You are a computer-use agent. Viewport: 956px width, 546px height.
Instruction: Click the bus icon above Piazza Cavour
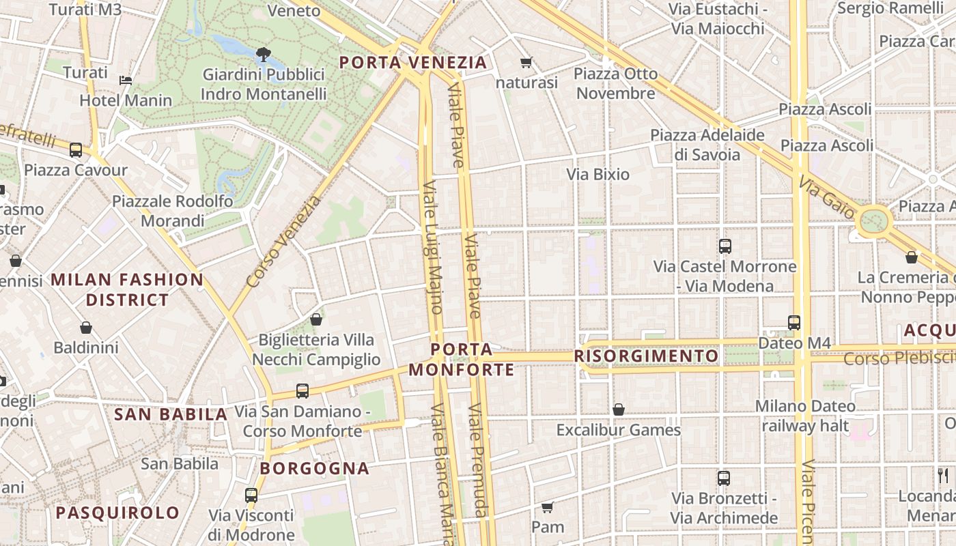75,149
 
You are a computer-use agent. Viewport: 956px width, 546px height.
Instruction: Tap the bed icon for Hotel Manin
126,80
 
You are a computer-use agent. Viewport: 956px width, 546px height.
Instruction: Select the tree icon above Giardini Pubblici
263,54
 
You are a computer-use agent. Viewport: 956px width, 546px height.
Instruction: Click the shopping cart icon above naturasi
526,63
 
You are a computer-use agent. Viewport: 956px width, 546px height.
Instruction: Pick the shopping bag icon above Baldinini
86,328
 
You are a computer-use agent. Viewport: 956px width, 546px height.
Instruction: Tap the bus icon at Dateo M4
793,322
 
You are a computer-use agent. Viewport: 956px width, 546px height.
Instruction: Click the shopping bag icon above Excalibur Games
618,409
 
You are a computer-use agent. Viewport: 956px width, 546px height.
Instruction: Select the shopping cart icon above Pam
547,507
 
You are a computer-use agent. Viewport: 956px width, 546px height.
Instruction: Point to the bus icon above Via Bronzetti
724,478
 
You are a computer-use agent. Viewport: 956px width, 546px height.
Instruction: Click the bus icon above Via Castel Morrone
725,246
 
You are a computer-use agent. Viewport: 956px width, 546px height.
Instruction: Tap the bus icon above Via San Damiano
303,391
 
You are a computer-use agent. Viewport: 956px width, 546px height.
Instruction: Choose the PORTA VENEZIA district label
413,63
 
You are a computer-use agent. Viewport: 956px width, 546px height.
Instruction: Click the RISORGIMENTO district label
646,356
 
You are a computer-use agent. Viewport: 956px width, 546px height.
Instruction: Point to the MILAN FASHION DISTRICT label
127,289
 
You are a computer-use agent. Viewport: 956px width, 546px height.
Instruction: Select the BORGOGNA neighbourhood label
315,469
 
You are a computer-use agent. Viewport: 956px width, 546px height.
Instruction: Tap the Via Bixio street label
597,174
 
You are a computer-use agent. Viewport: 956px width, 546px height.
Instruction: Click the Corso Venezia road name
283,242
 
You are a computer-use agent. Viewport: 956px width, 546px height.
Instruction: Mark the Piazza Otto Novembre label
615,83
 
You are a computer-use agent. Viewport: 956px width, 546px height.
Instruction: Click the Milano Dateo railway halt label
805,416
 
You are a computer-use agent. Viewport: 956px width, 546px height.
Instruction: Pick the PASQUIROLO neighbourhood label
117,513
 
